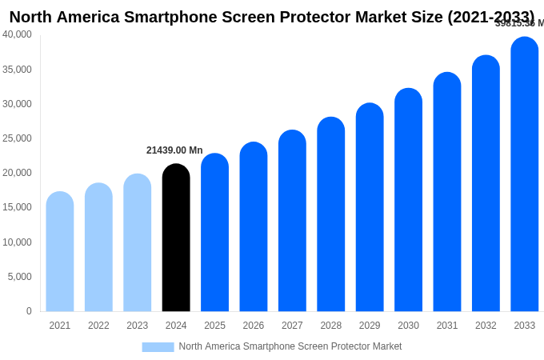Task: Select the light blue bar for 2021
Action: click(60, 251)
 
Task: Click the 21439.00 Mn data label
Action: click(174, 150)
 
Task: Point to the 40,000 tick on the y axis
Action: click(18, 34)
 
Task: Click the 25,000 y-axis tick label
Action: click(18, 138)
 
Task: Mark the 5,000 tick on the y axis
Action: click(20, 277)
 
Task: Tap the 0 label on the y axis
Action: click(29, 311)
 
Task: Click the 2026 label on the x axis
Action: click(254, 326)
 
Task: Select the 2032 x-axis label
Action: click(486, 326)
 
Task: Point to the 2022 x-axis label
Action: click(98, 326)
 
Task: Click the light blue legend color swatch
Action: click(158, 347)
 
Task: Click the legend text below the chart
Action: click(290, 346)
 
